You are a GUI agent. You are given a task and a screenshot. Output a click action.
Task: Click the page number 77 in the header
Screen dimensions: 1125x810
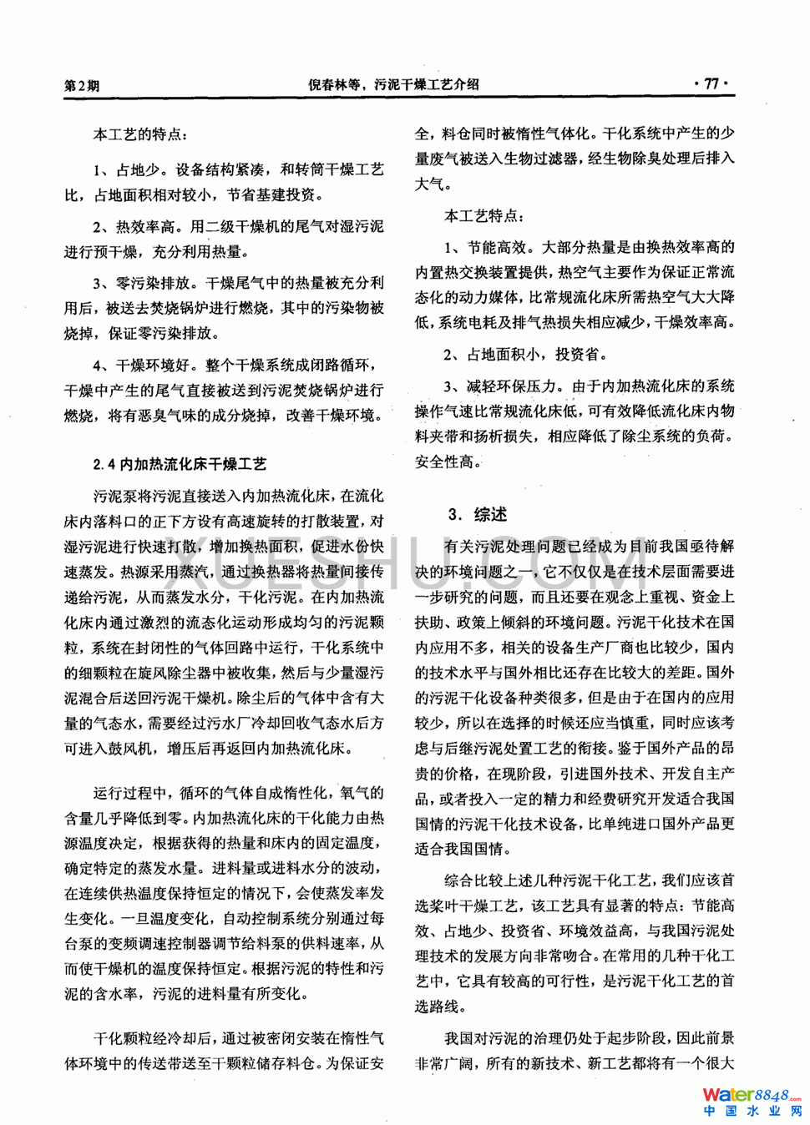coord(711,83)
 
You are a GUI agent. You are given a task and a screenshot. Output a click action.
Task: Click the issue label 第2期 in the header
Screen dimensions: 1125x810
coord(82,85)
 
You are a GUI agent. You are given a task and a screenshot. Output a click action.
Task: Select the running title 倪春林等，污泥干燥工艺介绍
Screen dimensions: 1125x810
coord(393,84)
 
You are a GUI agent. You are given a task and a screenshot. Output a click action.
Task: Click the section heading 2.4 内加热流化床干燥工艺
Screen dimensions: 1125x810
coord(180,464)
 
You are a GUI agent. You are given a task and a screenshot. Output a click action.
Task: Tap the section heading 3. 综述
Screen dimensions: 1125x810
coord(477,514)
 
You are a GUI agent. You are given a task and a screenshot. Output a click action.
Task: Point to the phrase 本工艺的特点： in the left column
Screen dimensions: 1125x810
coord(140,134)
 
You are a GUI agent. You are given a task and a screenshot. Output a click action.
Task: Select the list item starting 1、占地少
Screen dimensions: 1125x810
coord(224,183)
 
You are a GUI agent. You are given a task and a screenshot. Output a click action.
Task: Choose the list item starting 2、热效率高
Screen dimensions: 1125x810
coord(224,239)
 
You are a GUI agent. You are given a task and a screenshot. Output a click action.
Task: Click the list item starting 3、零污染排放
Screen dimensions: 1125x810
coord(224,308)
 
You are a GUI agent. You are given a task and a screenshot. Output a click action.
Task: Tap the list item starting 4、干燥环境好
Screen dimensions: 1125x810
coord(224,390)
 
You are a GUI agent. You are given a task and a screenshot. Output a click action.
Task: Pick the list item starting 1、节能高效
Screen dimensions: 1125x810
coord(575,285)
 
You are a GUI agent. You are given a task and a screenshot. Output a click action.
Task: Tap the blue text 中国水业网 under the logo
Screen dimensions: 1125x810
coord(752,1112)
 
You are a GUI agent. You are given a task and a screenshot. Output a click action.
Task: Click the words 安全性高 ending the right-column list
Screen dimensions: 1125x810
coord(447,462)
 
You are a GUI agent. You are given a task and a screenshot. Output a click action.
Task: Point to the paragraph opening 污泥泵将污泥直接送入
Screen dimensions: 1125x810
coord(224,622)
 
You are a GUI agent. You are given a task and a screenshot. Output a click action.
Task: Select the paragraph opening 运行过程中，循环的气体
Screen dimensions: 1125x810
coord(224,893)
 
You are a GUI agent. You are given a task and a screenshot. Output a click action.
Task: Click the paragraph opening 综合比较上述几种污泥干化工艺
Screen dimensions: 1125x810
coord(575,943)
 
